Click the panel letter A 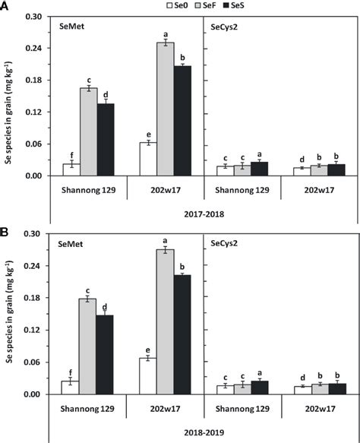click(x=5, y=5)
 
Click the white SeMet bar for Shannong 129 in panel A click(x=71, y=169)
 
